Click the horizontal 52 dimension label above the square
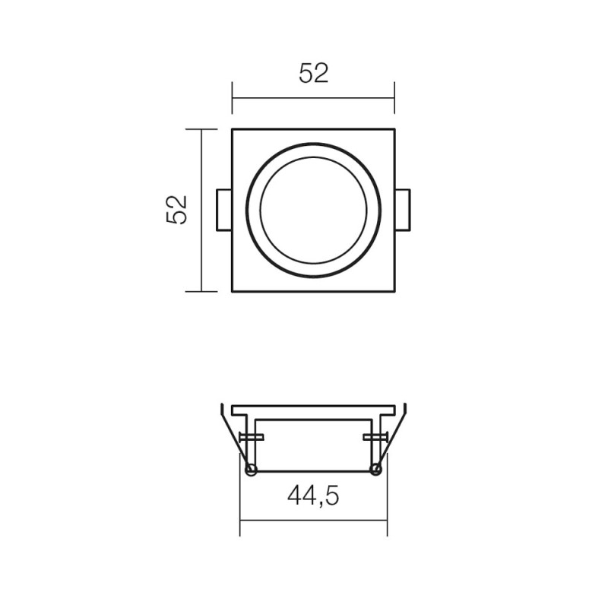313,74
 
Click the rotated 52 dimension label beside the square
176,210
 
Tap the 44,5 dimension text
313,496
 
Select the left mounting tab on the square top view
224,211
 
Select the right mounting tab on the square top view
403,211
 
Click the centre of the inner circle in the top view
313,211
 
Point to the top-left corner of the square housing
233,129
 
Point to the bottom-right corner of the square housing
394,291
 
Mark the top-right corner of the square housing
394,129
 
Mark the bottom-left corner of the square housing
233,291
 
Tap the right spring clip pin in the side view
375,437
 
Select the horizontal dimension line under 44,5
313,521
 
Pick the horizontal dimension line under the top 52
313,98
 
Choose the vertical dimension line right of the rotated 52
201,210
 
